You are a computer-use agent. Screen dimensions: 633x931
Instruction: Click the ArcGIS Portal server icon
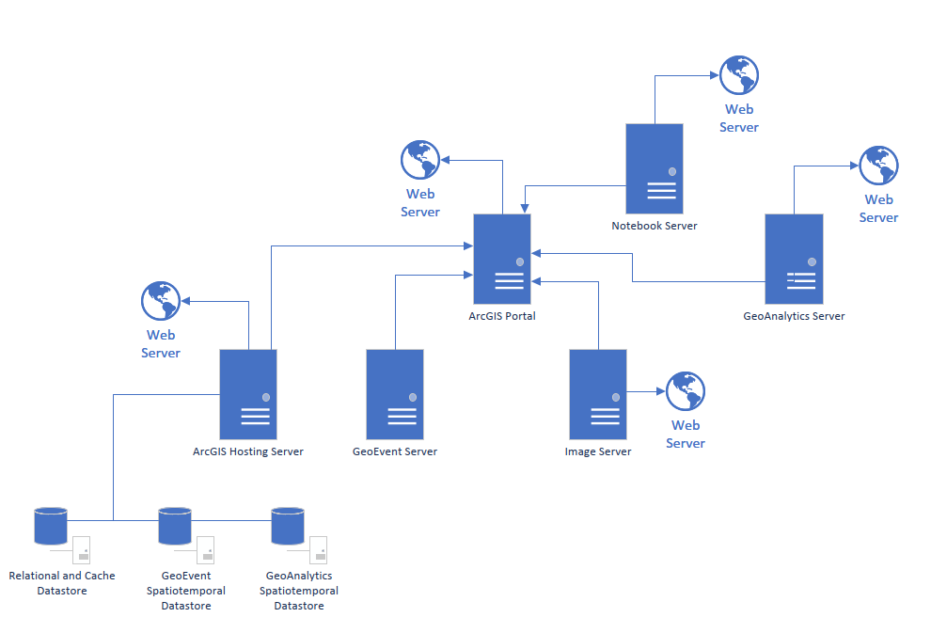point(502,258)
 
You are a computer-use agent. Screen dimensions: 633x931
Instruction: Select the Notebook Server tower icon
point(655,168)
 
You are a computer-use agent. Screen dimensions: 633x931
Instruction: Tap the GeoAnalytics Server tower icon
point(794,259)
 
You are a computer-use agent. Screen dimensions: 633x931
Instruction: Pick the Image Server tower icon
point(598,393)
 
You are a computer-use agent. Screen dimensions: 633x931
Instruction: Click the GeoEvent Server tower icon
point(395,393)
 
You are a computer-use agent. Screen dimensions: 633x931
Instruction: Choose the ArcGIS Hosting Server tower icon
point(248,393)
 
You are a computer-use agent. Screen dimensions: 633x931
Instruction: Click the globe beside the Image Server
point(686,391)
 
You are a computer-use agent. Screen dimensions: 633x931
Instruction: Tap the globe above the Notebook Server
point(738,75)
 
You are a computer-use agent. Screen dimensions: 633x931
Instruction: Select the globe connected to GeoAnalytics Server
point(878,166)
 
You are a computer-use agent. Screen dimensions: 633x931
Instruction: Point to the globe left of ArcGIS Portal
point(420,160)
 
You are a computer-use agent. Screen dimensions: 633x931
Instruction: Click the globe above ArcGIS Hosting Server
point(161,301)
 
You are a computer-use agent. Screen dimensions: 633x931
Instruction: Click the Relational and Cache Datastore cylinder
point(51,526)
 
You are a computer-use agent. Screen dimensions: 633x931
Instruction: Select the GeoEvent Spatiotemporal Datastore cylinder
point(175,526)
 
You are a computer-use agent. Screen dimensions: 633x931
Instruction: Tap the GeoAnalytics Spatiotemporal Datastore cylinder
point(288,526)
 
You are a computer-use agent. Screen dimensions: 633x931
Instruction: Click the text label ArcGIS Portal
point(502,316)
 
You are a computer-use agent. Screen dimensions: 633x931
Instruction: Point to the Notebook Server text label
point(655,226)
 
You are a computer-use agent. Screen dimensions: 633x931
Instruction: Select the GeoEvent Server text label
point(395,451)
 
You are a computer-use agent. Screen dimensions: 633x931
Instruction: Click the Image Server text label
point(598,451)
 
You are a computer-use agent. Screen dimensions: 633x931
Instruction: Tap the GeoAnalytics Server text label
point(794,316)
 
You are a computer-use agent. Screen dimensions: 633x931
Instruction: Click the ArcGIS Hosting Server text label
point(248,451)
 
